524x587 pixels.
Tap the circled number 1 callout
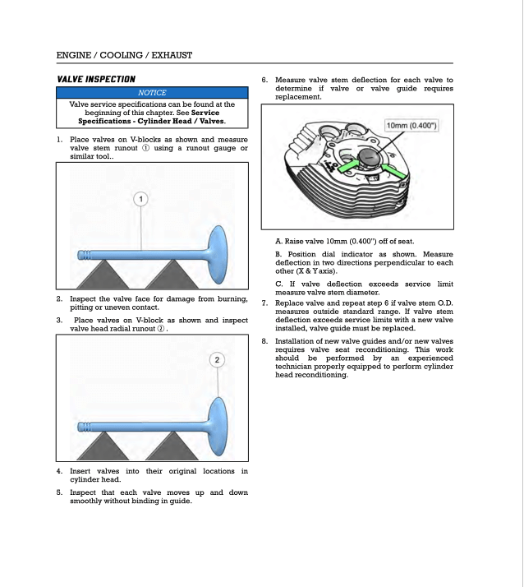pyautogui.click(x=141, y=200)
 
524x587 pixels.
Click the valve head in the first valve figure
pyautogui.click(x=223, y=249)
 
